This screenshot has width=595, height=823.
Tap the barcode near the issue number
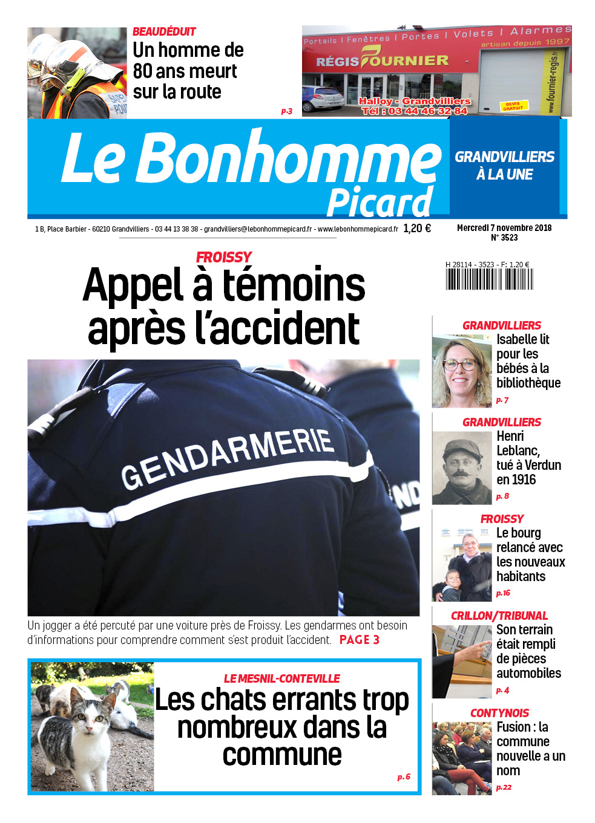click(489, 279)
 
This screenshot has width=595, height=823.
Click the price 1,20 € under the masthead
click(417, 229)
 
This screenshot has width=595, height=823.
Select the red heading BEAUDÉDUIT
click(164, 31)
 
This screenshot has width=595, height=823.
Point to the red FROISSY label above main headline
click(223, 257)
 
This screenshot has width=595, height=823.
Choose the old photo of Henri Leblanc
click(461, 467)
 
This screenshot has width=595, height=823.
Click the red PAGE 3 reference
click(359, 640)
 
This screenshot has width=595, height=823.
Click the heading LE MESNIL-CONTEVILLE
click(281, 678)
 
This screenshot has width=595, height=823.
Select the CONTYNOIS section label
click(499, 713)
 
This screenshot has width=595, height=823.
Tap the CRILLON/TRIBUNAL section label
click(499, 616)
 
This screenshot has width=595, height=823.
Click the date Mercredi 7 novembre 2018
click(504, 228)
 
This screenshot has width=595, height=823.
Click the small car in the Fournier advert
click(323, 98)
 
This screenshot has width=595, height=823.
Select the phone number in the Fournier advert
click(415, 111)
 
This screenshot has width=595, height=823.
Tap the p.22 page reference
click(504, 787)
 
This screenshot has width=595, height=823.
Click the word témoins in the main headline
click(293, 285)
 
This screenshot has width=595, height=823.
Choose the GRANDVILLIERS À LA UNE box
click(504, 166)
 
